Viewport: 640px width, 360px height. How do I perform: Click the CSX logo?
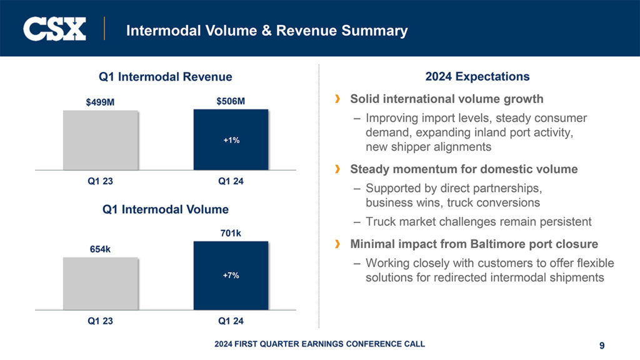[x=54, y=29]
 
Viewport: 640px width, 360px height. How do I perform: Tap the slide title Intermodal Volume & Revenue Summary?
[x=267, y=30]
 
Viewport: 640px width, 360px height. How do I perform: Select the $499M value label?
[x=100, y=102]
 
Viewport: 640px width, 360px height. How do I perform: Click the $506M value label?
[x=231, y=101]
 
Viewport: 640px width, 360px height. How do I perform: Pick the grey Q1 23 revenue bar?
[x=100, y=140]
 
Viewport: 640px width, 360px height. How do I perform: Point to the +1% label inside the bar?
[x=231, y=141]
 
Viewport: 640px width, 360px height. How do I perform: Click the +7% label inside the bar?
[x=231, y=275]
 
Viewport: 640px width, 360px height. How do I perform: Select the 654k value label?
[x=100, y=249]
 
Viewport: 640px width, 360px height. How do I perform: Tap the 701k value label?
[x=231, y=233]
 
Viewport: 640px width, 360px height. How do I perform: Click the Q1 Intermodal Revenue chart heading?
[x=165, y=77]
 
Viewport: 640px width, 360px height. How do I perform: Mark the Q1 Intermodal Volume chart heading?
[x=165, y=209]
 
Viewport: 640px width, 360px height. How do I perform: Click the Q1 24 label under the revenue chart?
[x=231, y=182]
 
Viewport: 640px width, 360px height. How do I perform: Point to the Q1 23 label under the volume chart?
[x=100, y=321]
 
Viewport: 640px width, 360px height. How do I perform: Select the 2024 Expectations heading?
[x=477, y=77]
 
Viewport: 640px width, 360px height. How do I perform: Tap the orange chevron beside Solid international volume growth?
[x=338, y=99]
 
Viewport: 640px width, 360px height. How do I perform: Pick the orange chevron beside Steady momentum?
[x=338, y=169]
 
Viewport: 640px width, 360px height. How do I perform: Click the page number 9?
[x=601, y=345]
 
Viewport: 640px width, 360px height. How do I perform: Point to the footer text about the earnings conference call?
[x=319, y=344]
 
